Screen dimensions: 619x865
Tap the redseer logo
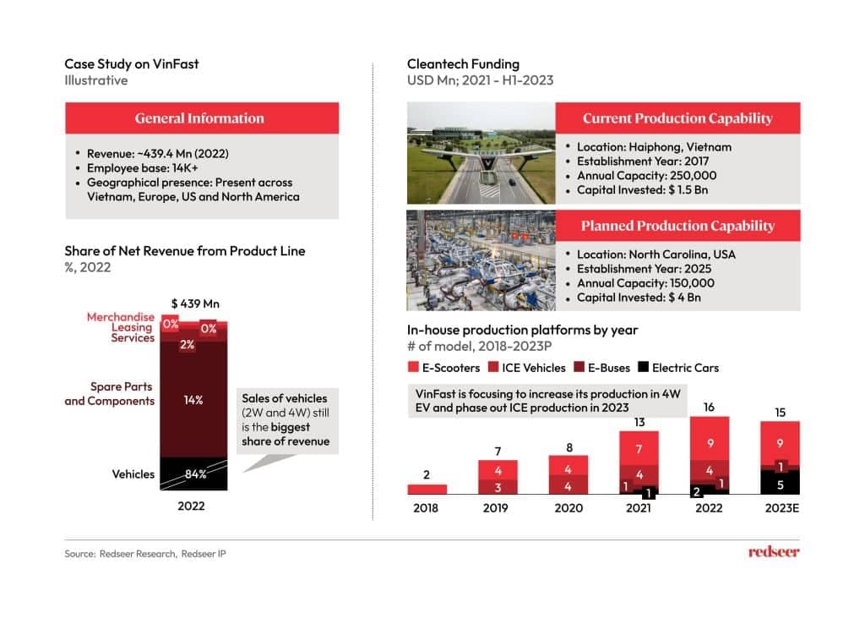point(773,552)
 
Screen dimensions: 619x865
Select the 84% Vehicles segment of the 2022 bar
point(193,474)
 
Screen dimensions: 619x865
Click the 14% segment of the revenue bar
point(193,399)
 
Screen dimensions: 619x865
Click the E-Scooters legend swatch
point(413,368)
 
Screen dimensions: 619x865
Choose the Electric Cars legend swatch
point(643,368)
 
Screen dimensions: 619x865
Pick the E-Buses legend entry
point(604,368)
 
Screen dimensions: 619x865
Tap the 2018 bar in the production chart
point(427,489)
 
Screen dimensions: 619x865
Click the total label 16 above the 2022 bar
point(709,407)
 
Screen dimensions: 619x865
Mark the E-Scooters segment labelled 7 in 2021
point(639,448)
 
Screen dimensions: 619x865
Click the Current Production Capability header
point(677,118)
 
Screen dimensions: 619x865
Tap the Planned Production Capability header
point(677,226)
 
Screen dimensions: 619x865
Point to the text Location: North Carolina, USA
point(656,255)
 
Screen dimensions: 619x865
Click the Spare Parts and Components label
point(110,394)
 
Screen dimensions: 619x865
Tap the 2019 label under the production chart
point(498,508)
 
